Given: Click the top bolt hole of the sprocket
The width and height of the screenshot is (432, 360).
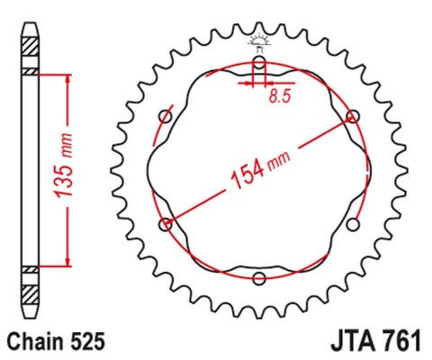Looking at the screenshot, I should (259, 65).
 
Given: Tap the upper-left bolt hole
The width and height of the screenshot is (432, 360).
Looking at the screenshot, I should (165, 116).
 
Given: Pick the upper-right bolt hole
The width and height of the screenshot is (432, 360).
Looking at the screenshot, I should (353, 116).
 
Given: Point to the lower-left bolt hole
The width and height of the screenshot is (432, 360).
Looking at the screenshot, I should (165, 224).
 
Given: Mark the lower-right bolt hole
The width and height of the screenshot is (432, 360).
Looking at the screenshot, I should (353, 224).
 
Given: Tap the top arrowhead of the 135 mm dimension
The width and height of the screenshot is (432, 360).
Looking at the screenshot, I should (65, 77).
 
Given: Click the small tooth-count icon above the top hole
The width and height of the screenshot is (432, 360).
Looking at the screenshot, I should (259, 41).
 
